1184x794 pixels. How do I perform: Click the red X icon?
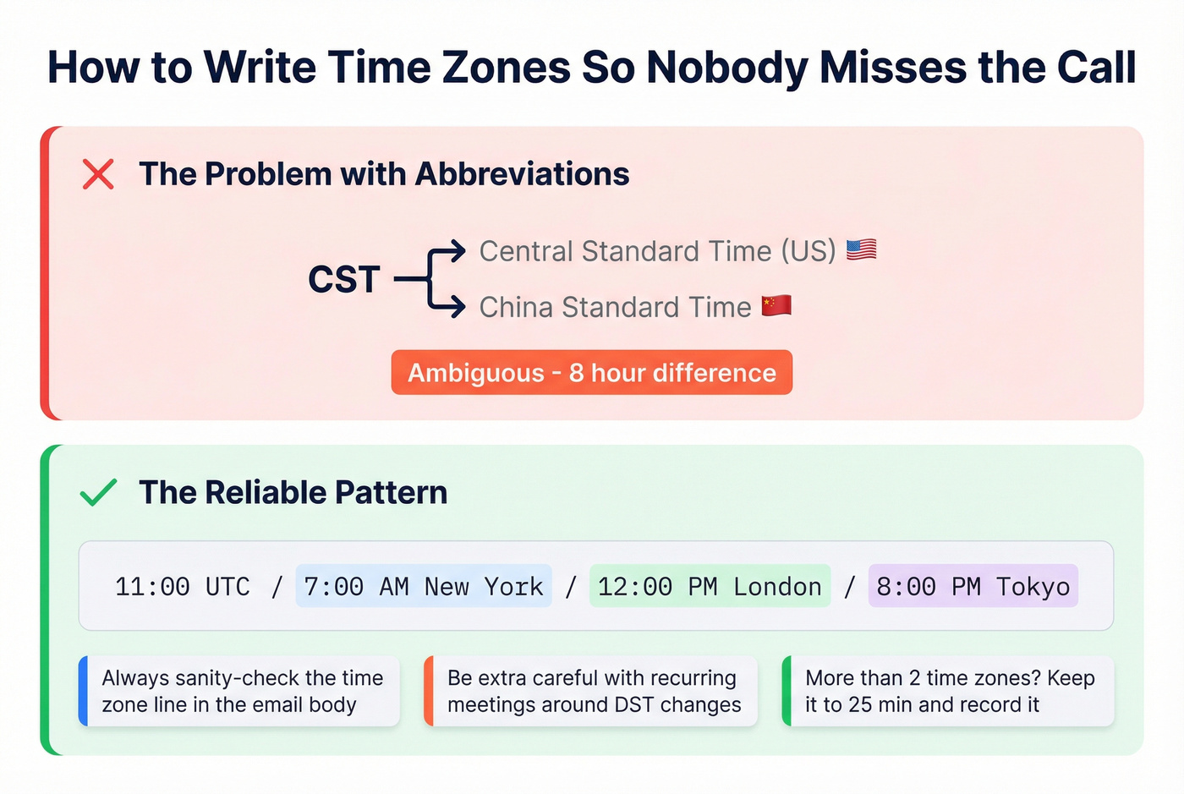98,174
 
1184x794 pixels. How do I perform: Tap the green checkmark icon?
98,492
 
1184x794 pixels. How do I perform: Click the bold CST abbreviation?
343,280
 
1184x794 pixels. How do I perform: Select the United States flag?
861,250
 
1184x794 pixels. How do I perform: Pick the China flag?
776,306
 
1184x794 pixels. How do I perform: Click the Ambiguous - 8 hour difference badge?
591,373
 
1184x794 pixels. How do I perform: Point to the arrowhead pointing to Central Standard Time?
458,251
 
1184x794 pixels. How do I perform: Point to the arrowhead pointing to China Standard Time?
458,306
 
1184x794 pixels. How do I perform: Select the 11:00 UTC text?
182,587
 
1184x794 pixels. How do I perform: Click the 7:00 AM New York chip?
423,587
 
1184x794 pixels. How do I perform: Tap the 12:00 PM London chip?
710,587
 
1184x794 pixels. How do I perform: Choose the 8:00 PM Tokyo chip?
973,587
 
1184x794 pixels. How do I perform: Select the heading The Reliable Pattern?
293,492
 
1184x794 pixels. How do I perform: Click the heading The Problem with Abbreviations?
384,174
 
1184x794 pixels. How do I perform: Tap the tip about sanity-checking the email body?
242,691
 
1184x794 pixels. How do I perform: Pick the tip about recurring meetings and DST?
594,691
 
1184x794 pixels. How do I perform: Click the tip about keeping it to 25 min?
949,691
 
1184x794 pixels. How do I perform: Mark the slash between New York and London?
571,587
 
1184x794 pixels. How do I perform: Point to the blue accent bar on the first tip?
83,691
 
